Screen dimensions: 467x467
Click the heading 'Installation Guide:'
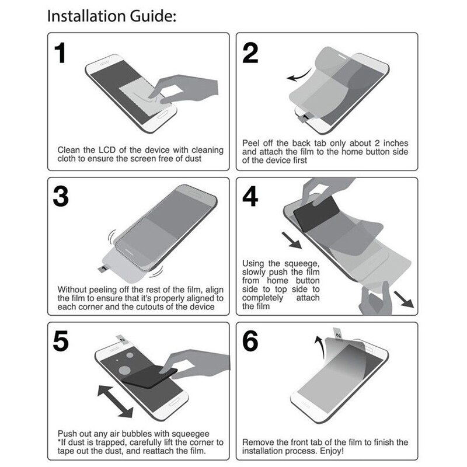coord(110,16)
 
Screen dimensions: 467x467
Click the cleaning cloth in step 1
coord(141,93)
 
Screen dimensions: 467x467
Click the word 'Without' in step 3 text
coord(74,289)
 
